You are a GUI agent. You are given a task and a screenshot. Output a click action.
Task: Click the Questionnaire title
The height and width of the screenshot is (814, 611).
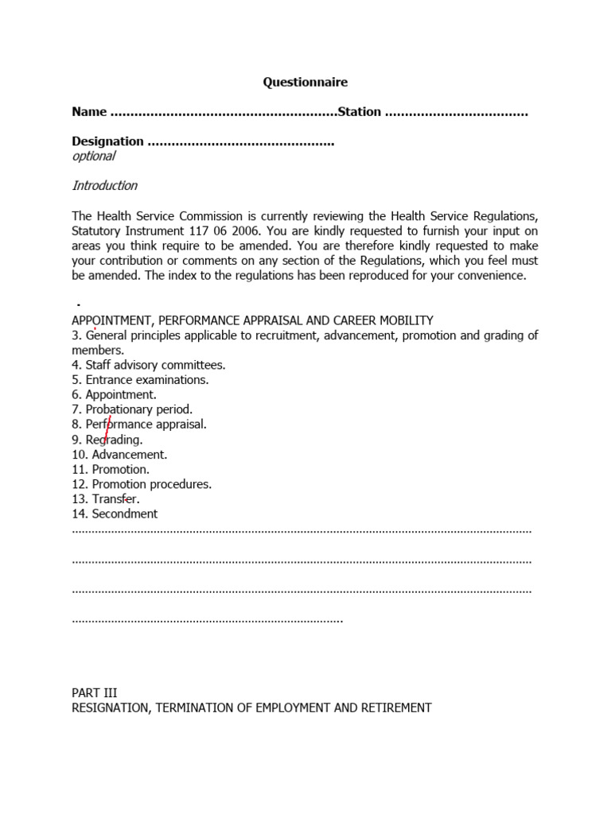pos(305,82)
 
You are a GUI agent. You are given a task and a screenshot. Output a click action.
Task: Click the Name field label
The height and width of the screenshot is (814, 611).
pos(89,112)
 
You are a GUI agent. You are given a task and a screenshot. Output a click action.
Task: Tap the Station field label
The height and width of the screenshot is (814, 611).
pos(360,112)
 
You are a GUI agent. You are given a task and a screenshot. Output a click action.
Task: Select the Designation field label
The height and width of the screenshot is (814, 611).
pos(107,141)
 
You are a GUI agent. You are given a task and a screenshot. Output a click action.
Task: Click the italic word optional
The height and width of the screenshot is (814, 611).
pos(94,157)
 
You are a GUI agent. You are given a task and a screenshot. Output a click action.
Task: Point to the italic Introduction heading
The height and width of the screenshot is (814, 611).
pos(105,186)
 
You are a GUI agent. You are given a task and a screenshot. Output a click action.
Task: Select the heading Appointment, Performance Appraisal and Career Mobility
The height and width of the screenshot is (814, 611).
pos(252,320)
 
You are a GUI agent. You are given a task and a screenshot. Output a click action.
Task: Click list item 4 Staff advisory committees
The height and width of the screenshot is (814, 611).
pos(149,365)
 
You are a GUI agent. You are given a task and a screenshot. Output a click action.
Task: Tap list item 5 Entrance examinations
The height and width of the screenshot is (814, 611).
pos(140,380)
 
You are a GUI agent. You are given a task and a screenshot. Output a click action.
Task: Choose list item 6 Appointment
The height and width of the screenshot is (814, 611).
pos(114,394)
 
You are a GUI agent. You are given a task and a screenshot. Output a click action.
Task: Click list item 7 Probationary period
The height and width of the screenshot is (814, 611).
pos(132,409)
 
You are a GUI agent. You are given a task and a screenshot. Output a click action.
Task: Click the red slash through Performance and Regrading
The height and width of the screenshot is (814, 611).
pos(107,430)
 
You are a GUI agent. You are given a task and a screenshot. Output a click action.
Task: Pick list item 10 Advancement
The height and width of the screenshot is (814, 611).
pos(119,455)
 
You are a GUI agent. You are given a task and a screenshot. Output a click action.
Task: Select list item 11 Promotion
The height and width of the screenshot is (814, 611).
pos(111,469)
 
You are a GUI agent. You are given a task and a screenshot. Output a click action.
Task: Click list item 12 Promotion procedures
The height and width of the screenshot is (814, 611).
pos(142,484)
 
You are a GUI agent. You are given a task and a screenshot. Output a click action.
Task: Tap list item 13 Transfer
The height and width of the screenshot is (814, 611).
pos(106,499)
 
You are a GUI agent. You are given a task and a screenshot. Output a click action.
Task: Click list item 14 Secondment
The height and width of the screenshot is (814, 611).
pos(115,514)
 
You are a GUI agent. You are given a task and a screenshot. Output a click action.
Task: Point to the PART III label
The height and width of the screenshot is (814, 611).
pos(95,693)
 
